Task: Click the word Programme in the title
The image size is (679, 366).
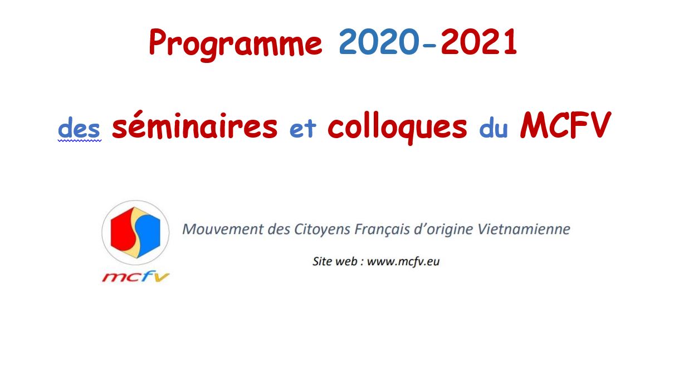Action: tap(236, 44)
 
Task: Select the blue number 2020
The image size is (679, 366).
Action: tap(379, 42)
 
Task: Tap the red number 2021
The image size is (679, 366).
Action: tap(479, 42)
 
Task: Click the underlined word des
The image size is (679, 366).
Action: tap(79, 128)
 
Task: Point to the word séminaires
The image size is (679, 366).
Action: tap(194, 125)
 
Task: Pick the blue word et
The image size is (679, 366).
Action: tap(303, 129)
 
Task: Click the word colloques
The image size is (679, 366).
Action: tap(397, 128)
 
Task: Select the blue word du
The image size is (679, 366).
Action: tap(494, 129)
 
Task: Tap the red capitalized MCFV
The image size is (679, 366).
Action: tap(565, 125)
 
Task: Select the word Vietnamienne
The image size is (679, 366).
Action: tap(524, 230)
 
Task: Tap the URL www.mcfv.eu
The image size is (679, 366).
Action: tap(403, 261)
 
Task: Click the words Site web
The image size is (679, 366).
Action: tap(335, 261)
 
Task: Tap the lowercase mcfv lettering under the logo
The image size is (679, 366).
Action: tap(135, 276)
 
